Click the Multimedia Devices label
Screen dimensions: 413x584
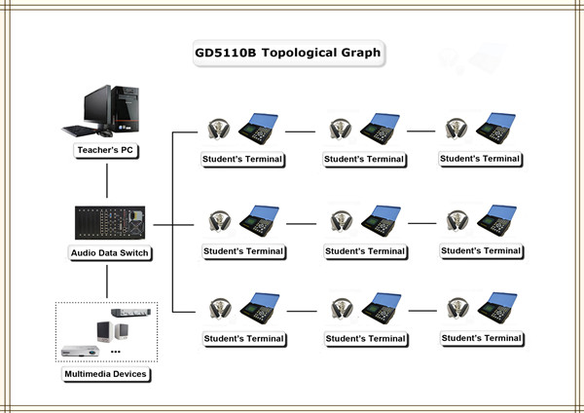click(x=107, y=373)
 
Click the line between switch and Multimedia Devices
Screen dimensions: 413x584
click(x=107, y=282)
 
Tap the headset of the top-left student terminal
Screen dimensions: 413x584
click(x=218, y=130)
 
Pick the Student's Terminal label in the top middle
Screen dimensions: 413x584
click(x=364, y=159)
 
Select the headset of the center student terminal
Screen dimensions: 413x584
click(x=340, y=221)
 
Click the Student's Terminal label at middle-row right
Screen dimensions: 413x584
click(x=481, y=250)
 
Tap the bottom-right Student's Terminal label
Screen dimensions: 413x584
click(x=481, y=338)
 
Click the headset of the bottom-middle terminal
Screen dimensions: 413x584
click(x=340, y=309)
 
